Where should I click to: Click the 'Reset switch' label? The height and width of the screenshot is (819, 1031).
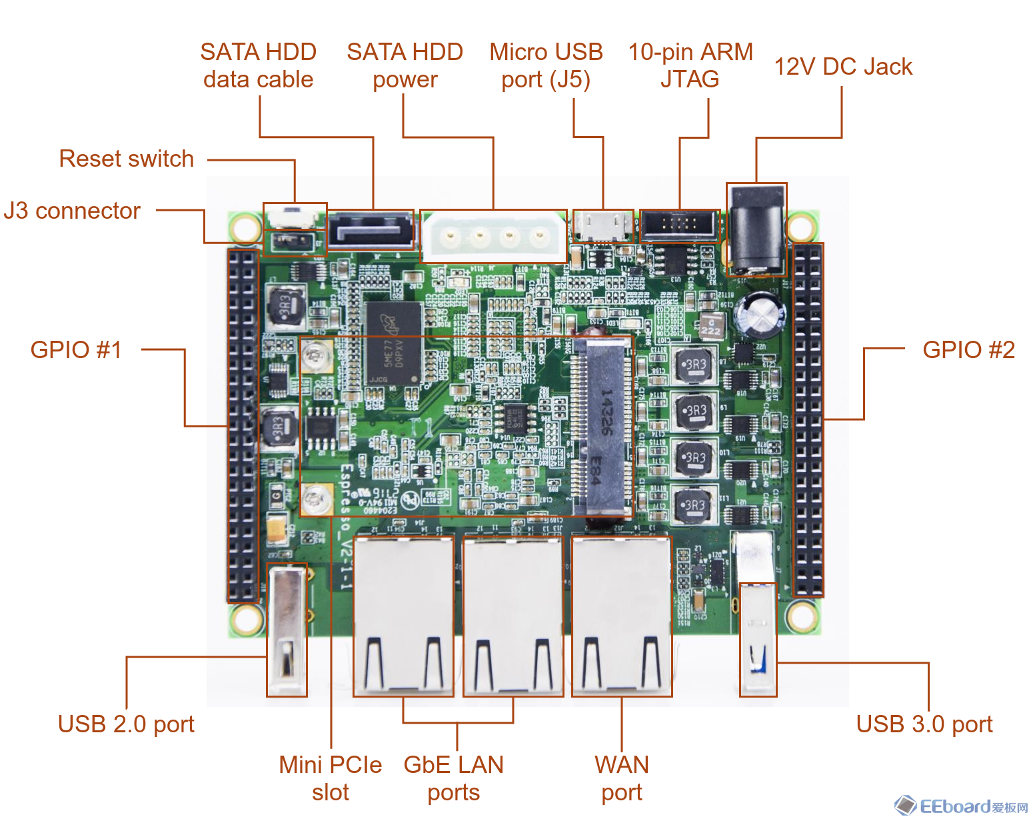tap(127, 159)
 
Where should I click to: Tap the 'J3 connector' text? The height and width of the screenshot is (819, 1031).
tap(72, 211)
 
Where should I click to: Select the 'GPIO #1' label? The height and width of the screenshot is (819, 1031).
tap(76, 349)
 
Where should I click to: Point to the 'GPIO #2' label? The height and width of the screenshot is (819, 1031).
tap(968, 349)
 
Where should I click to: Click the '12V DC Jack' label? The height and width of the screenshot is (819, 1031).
tap(843, 67)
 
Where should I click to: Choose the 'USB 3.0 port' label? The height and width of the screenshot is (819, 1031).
tap(924, 724)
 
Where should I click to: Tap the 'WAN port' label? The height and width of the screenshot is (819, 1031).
tap(622, 778)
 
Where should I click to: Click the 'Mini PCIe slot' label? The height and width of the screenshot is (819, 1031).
tap(331, 778)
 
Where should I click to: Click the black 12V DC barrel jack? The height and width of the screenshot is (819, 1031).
tap(756, 230)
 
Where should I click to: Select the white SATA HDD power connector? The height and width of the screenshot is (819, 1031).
tap(494, 236)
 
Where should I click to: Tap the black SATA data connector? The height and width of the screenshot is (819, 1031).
tap(371, 231)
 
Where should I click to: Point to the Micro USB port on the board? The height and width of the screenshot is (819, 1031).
tap(603, 226)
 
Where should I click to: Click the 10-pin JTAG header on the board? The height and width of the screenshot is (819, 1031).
tap(680, 225)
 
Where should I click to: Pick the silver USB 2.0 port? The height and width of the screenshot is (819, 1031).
tap(287, 630)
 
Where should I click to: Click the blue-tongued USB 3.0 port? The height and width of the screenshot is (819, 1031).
tap(758, 640)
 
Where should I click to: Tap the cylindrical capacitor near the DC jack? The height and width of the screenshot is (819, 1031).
tap(760, 312)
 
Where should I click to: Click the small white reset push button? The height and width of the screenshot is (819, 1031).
tap(295, 217)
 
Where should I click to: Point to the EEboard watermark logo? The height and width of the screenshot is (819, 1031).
tap(962, 806)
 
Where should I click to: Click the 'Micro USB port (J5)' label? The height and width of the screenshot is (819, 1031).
tap(546, 65)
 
